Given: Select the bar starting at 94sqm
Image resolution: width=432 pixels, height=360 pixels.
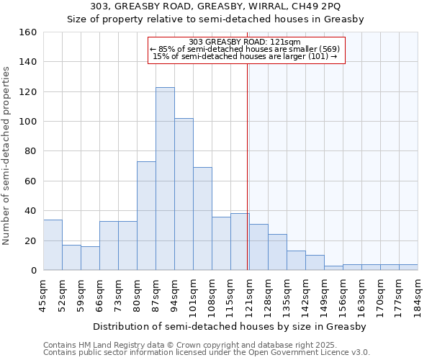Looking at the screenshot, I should tap(184, 194).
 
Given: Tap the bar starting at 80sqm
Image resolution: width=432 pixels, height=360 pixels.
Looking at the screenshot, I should tap(146, 216).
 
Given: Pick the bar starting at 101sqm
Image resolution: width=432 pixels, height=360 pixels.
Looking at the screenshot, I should tap(202, 219).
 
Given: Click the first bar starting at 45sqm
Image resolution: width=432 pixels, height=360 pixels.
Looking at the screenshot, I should tap(53, 245).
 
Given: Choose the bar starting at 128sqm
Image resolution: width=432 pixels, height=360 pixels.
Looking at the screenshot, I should tap(277, 252).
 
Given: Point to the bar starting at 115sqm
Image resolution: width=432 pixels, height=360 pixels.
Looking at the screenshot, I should tap(240, 242).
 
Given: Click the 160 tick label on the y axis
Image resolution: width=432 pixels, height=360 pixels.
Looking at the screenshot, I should tap(28, 32).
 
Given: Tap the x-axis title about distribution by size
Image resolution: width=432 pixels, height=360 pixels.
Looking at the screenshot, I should tap(230, 326).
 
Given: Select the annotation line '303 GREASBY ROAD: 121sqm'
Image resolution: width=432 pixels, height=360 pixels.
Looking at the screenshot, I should tap(246, 42).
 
